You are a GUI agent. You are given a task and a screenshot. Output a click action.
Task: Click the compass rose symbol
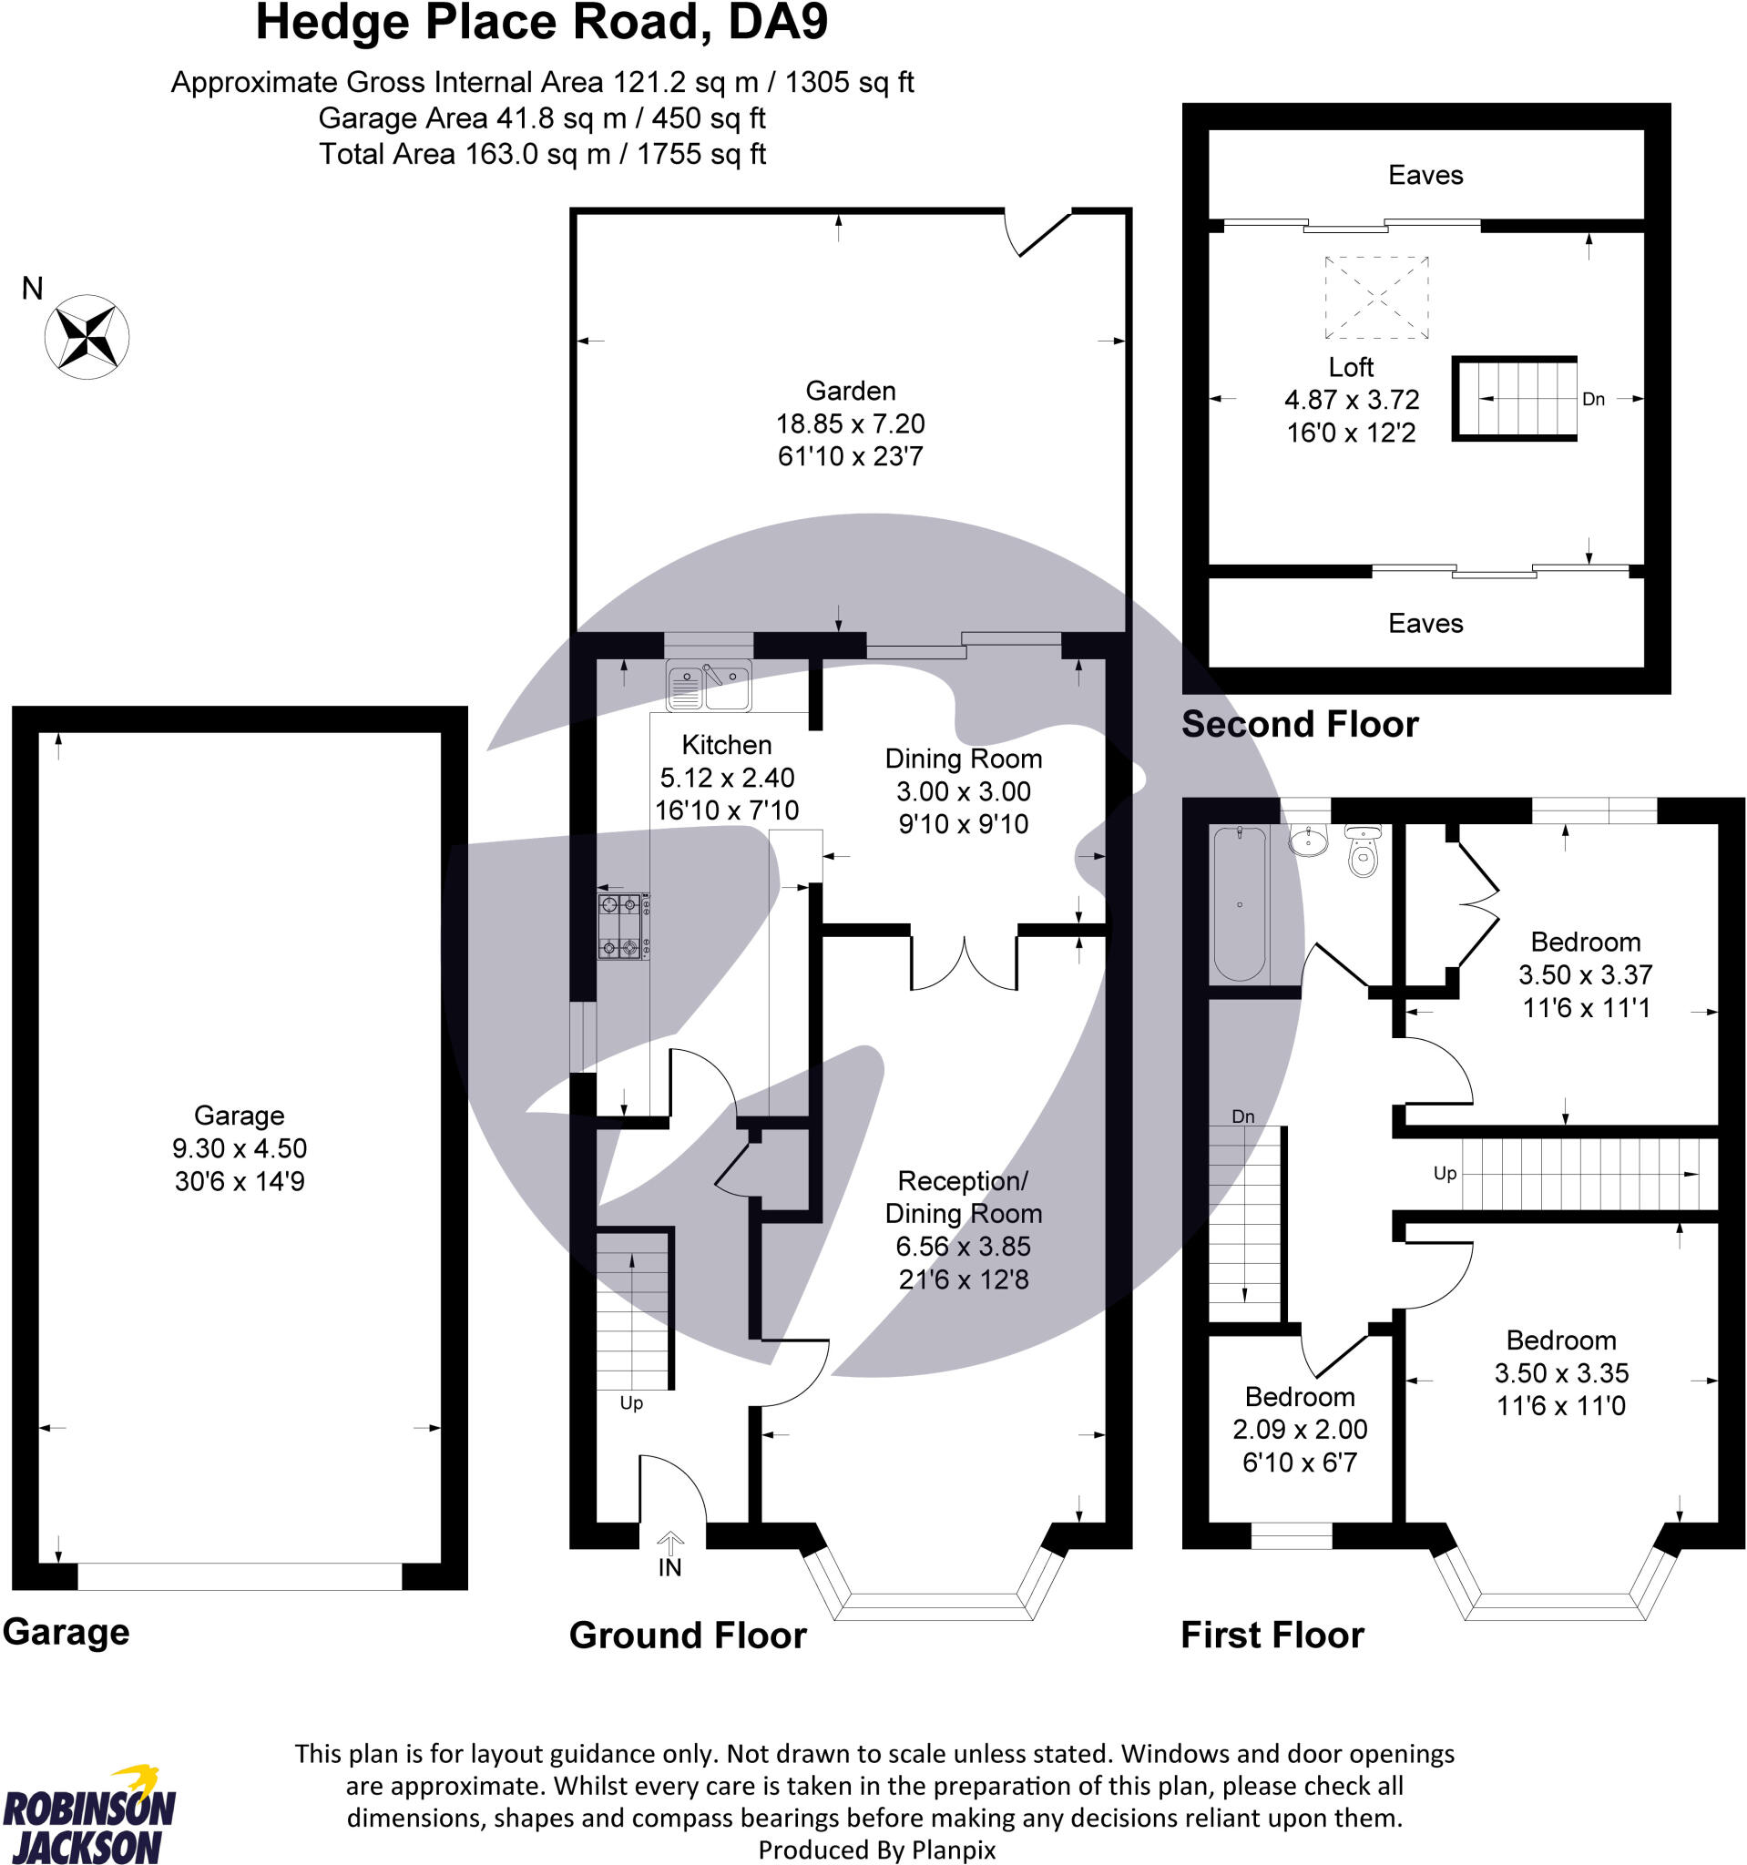pyautogui.click(x=87, y=337)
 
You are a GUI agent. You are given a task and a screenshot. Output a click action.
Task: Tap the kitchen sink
pyautogui.click(x=709, y=685)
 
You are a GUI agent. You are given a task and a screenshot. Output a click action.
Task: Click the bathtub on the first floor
pyautogui.click(x=1239, y=903)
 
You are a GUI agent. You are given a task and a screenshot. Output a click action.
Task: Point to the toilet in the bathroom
pyautogui.click(x=1363, y=851)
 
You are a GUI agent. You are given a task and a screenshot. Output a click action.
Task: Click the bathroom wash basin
pyautogui.click(x=1307, y=841)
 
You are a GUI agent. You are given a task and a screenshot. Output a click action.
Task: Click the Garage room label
pyautogui.click(x=239, y=1115)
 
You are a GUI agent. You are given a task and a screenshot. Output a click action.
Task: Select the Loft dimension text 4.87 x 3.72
pyautogui.click(x=1350, y=400)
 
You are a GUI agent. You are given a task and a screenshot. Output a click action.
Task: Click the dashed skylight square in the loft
pyautogui.click(x=1375, y=298)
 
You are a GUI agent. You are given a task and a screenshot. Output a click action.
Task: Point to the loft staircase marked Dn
pyautogui.click(x=1515, y=399)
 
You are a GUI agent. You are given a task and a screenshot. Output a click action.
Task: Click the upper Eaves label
pyautogui.click(x=1425, y=176)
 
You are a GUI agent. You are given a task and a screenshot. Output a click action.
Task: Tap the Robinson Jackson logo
pyautogui.click(x=89, y=1815)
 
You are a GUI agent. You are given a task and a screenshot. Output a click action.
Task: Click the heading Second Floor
pyautogui.click(x=1299, y=724)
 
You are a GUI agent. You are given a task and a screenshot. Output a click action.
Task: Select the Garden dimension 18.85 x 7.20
pyautogui.click(x=850, y=423)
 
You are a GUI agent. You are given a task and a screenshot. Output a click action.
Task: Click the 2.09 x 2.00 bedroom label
pyautogui.click(x=1299, y=1429)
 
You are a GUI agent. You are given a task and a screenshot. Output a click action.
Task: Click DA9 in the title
pyautogui.click(x=778, y=23)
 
